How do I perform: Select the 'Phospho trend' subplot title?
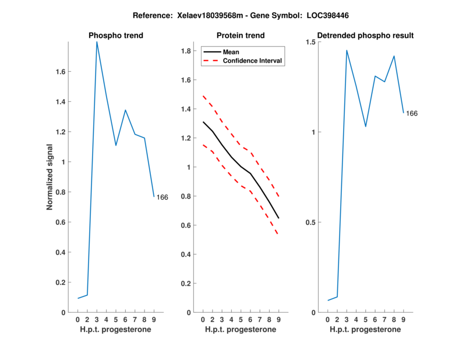coord(115,36)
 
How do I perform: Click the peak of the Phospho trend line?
coord(97,42)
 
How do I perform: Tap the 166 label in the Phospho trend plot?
coord(162,197)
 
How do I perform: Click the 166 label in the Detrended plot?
coord(411,114)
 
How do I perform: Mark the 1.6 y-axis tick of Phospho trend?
coord(61,72)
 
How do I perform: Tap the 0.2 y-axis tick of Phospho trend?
coord(61,283)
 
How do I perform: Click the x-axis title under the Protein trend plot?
coord(241,329)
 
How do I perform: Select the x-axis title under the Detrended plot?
coord(365,329)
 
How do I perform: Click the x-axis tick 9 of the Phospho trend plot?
coord(154,320)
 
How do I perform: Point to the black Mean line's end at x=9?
coord(278,218)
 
